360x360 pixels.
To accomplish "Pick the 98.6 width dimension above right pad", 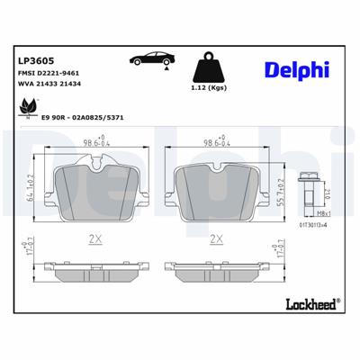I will click(x=215, y=142).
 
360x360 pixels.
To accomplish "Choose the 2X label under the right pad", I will click(x=215, y=239).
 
